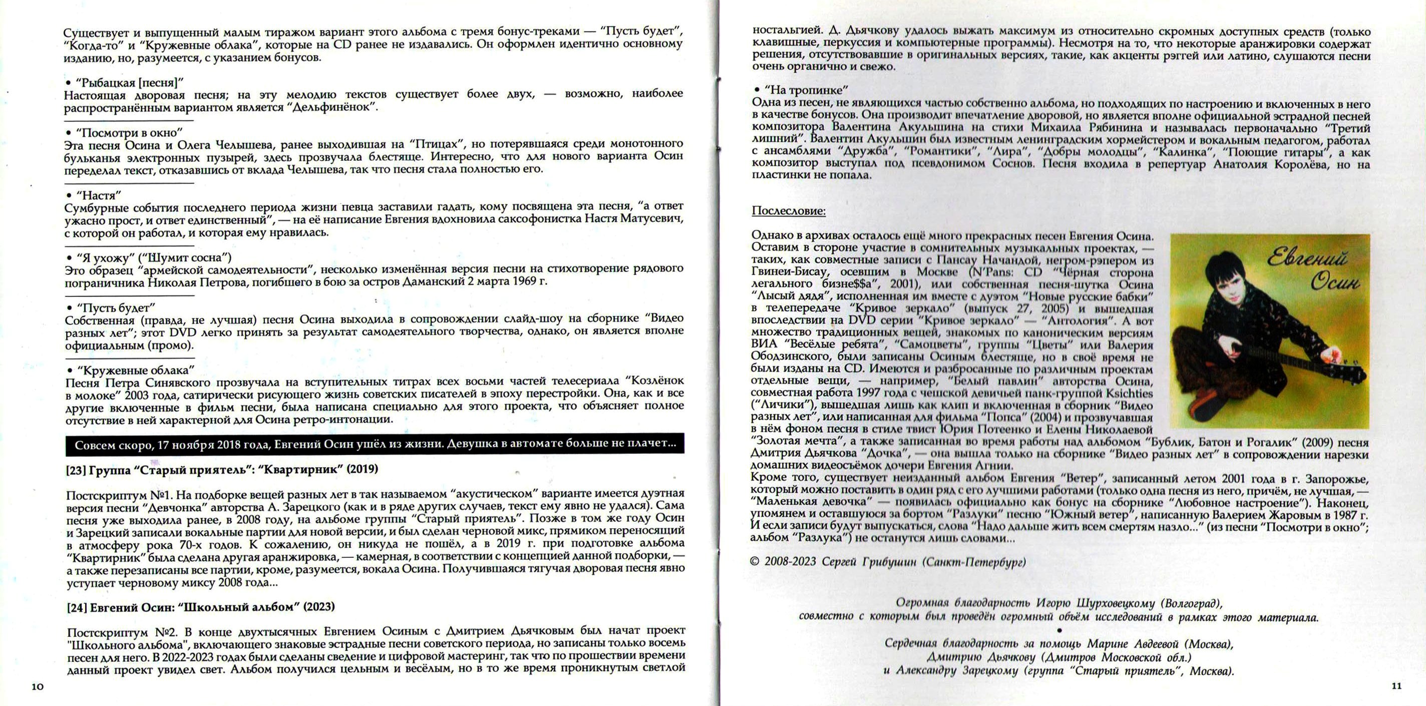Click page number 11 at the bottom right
[x=1396, y=685]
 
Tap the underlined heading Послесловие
[x=788, y=211]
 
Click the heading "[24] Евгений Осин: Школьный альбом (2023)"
[x=201, y=607]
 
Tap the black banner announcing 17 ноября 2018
[x=375, y=444]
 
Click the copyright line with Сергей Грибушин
[x=887, y=561]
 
